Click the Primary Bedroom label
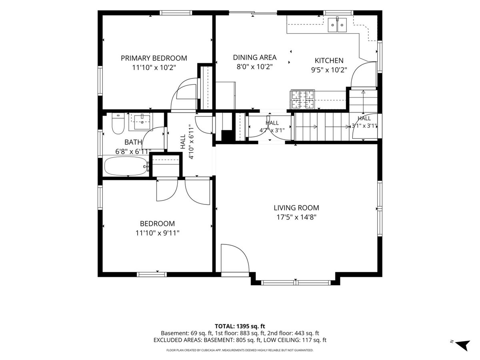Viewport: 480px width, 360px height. pyautogui.click(x=154, y=58)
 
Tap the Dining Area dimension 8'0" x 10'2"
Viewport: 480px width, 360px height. pyautogui.click(x=254, y=67)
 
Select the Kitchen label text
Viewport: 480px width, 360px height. pyautogui.click(x=329, y=60)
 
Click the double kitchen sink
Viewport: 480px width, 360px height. pyautogui.click(x=337, y=25)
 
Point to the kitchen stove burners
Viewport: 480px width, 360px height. pyautogui.click(x=303, y=99)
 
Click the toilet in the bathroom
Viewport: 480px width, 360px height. pyautogui.click(x=118, y=124)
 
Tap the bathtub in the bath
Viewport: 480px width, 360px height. pyautogui.click(x=126, y=166)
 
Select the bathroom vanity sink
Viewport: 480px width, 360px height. pyautogui.click(x=142, y=122)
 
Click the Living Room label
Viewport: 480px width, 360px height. pyautogui.click(x=296, y=208)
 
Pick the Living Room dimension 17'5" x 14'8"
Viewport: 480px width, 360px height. pyautogui.click(x=296, y=217)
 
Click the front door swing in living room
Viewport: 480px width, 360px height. pyautogui.click(x=235, y=258)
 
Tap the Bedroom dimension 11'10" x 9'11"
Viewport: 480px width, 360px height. pyautogui.click(x=157, y=233)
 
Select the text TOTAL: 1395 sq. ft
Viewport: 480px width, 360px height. pyautogui.click(x=240, y=326)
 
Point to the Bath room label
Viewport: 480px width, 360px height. pyautogui.click(x=133, y=142)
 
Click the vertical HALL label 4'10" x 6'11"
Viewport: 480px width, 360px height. pyautogui.click(x=187, y=142)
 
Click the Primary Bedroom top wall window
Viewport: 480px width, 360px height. pyautogui.click(x=176, y=13)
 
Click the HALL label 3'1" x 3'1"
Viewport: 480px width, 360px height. pyautogui.click(x=364, y=122)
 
